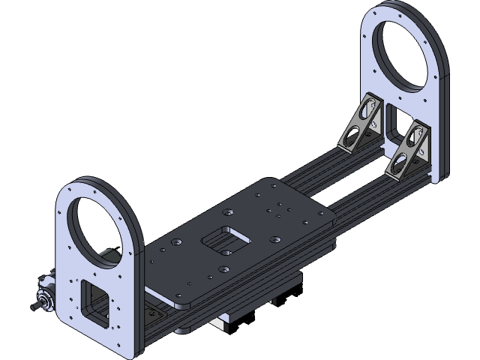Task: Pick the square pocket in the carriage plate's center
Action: pos(225,238)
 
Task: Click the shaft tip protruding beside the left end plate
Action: pos(34,307)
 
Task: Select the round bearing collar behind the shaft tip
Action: pos(46,299)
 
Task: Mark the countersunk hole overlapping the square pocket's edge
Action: pos(223,267)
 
